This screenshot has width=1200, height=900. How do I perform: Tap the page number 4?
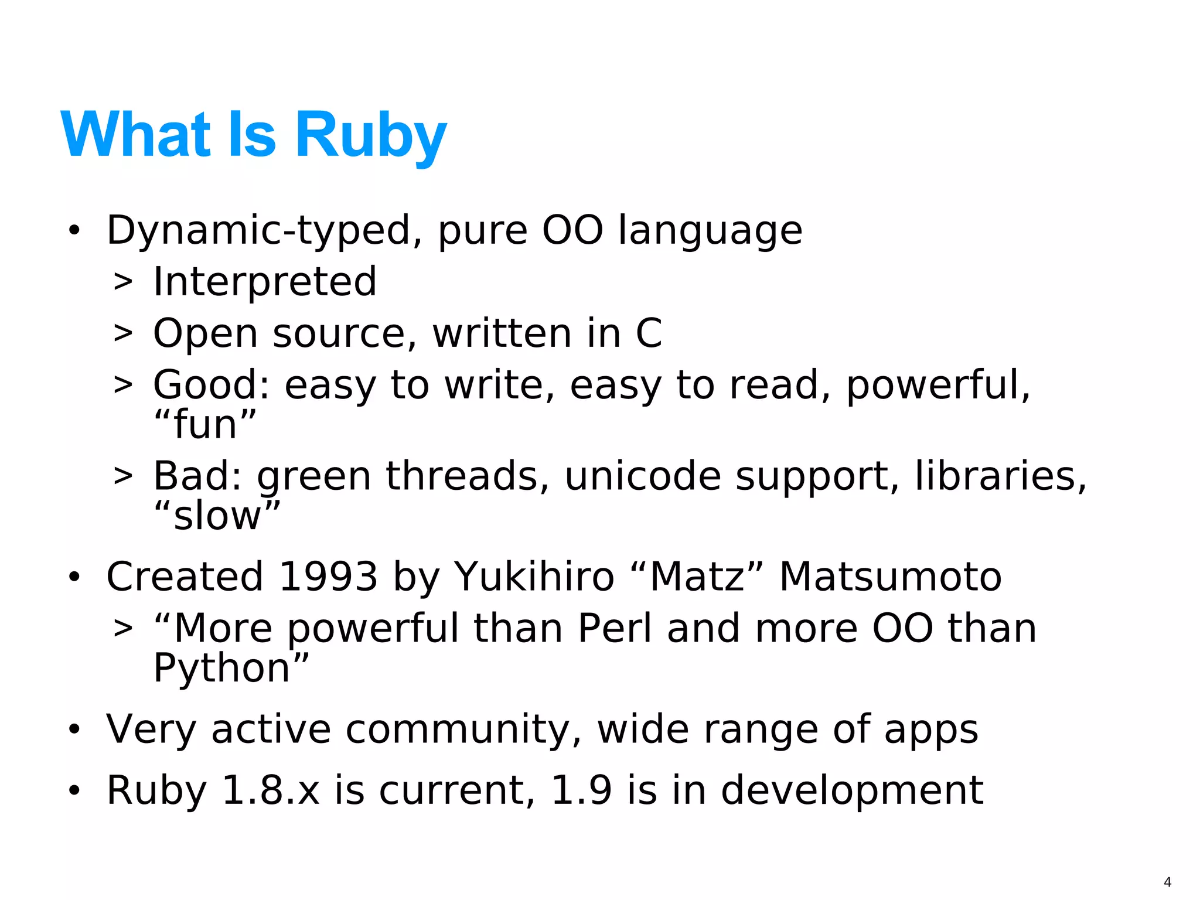coord(1167,882)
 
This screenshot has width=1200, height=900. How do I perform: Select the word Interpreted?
coord(264,282)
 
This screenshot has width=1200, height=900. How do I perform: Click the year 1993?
coord(328,577)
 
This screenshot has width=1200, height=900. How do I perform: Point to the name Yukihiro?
coord(534,577)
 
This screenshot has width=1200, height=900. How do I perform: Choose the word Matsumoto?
coord(890,577)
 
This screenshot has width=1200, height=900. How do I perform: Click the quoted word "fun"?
coord(205,425)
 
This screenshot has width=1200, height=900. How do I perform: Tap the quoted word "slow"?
coord(217,516)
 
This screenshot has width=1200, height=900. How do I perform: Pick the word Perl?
coord(614,629)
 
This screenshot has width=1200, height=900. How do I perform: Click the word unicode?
coord(642,476)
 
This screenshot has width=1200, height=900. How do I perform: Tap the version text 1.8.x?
coord(271,790)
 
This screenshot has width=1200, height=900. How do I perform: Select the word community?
coord(458,730)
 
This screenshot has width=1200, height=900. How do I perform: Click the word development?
coord(851,790)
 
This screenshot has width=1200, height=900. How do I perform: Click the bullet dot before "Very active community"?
coord(74,730)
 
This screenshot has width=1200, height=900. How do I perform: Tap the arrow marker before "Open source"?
coord(123,334)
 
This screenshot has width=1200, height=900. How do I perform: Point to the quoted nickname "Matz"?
coord(697,577)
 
